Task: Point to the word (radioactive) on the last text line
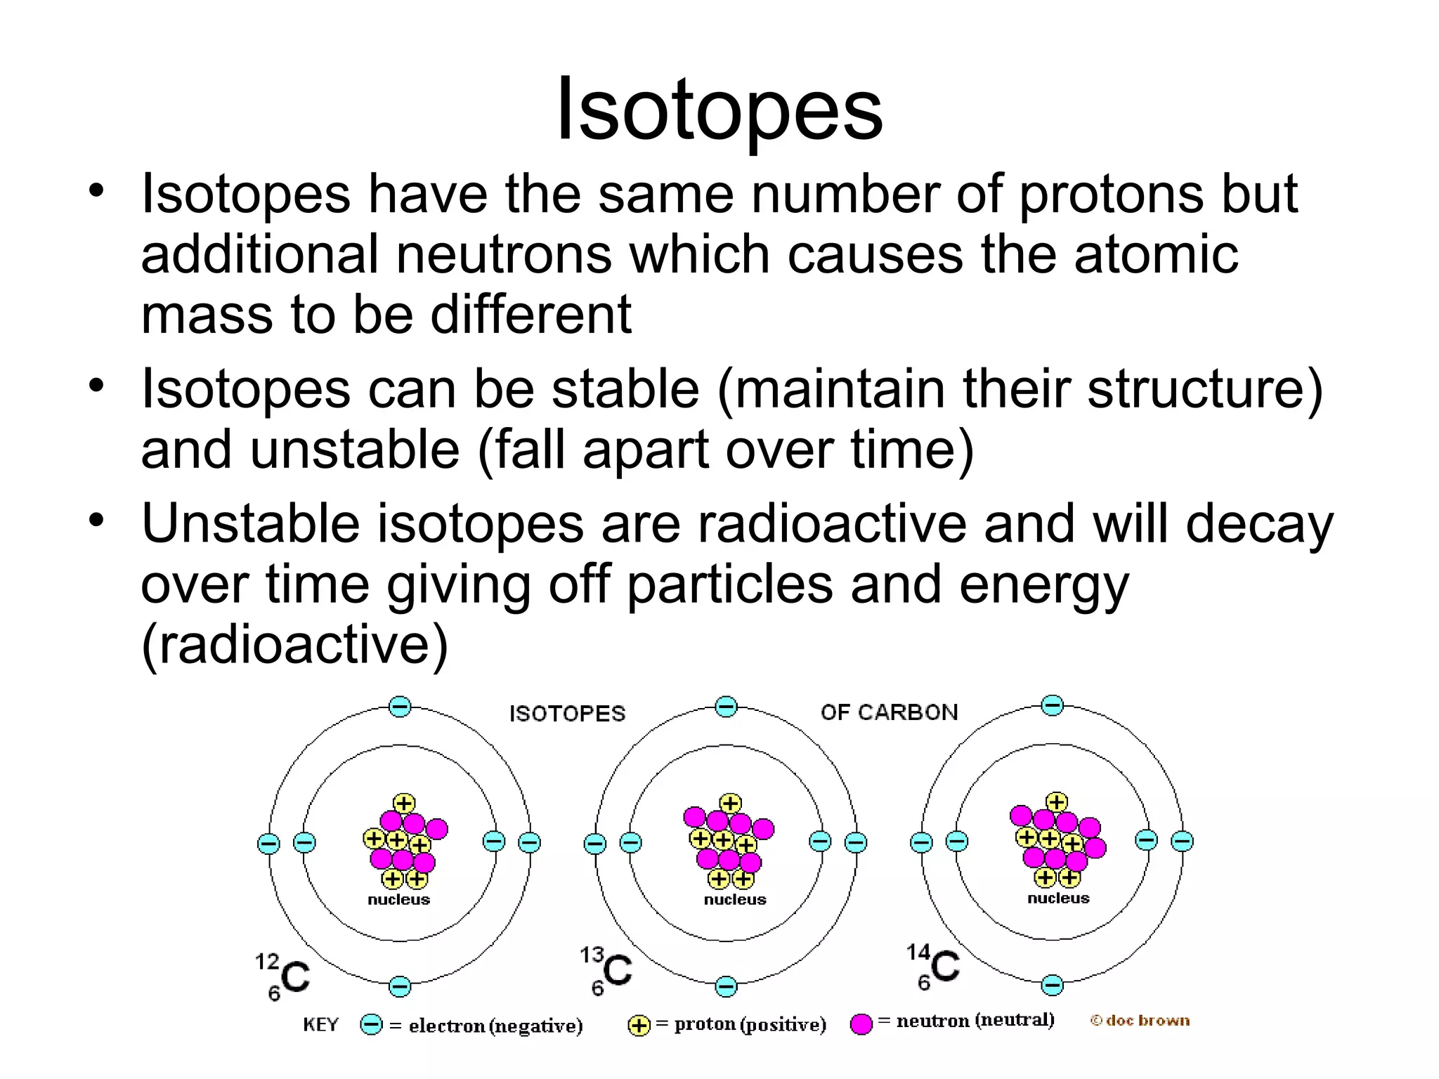pyautogui.click(x=294, y=644)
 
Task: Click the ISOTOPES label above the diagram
pyautogui.click(x=567, y=714)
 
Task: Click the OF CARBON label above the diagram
pyautogui.click(x=889, y=712)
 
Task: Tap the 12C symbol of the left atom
pyautogui.click(x=285, y=975)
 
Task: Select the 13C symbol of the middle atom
pyautogui.click(x=608, y=969)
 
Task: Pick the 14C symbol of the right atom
pyautogui.click(x=935, y=966)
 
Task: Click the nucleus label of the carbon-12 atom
pyautogui.click(x=398, y=900)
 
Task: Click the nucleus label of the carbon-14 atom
pyautogui.click(x=1058, y=898)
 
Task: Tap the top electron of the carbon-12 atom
pyautogui.click(x=400, y=706)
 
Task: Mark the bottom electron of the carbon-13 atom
pyautogui.click(x=726, y=986)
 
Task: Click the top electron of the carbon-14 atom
pyautogui.click(x=1052, y=705)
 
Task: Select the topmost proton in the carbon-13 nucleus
pyautogui.click(x=730, y=803)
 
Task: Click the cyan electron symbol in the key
pyautogui.click(x=371, y=1025)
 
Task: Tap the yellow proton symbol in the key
pyautogui.click(x=639, y=1026)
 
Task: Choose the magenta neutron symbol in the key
pyautogui.click(x=861, y=1024)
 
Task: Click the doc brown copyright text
pyautogui.click(x=1140, y=1021)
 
